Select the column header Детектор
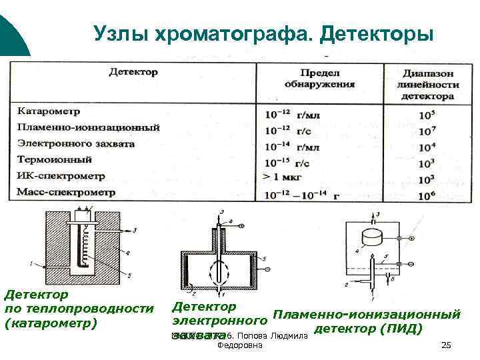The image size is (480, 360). pos(133,71)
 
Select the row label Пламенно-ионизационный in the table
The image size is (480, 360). pos(88,127)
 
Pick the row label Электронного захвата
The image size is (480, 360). pos(75,143)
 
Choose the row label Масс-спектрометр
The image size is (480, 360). pos(66,192)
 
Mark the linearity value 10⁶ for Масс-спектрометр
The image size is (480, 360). pos(427,195)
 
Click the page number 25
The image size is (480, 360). pos(446,345)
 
